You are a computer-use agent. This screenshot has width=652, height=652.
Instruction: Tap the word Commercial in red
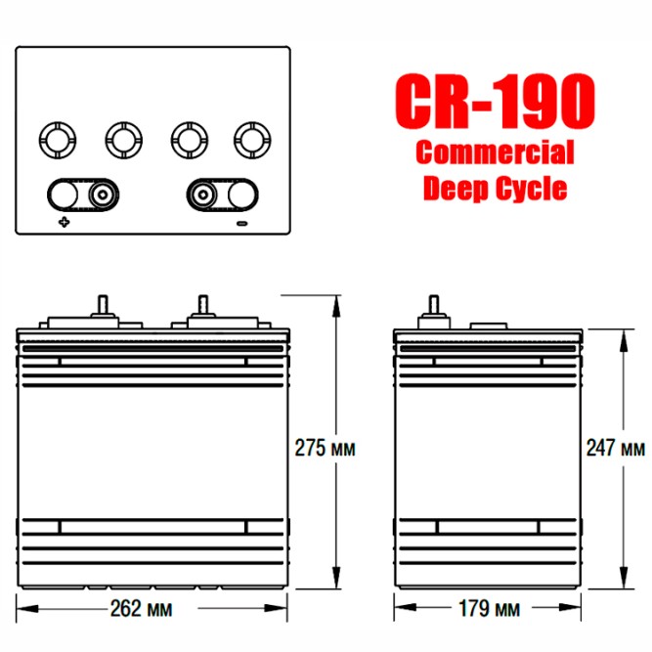495,152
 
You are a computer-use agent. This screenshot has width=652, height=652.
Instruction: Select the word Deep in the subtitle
454,187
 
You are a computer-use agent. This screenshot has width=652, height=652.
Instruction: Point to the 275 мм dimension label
326,448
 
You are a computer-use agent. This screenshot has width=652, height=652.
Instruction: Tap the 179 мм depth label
489,609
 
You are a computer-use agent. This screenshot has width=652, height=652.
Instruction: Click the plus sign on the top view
65,223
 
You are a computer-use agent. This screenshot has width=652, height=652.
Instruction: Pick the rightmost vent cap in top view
253,139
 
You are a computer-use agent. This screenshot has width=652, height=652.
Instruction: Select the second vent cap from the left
121,139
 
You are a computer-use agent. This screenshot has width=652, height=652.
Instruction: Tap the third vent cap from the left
187,139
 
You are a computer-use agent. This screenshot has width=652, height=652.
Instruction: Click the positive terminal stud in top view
100,194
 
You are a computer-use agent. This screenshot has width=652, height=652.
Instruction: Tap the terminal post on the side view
431,307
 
